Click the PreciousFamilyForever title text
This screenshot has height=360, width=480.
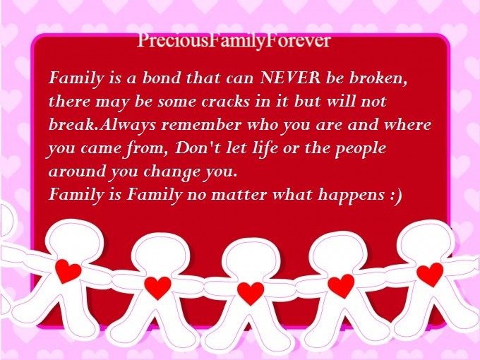[234, 41]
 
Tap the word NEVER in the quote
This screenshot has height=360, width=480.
[290, 78]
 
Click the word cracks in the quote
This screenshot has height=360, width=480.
[226, 102]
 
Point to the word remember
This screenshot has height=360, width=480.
[201, 125]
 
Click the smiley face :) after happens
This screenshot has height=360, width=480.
[396, 196]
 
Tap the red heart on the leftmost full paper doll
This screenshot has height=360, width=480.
[68, 271]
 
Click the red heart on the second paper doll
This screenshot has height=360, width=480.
[157, 288]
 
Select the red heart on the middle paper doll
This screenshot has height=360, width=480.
[251, 293]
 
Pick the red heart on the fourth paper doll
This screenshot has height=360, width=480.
[341, 286]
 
